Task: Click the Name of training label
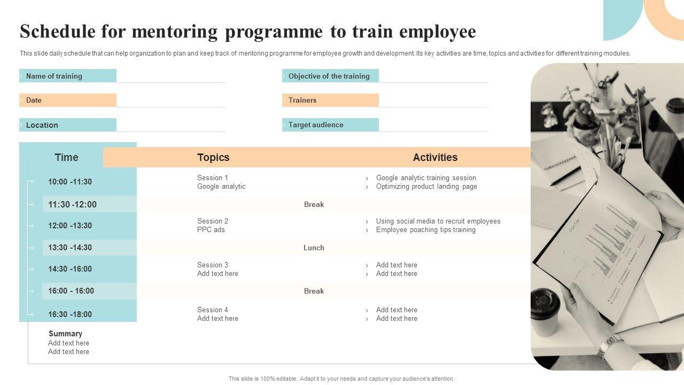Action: (54, 76)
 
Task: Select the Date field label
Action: (34, 100)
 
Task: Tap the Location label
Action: (42, 125)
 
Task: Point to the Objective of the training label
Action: (329, 76)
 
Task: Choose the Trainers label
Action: (302, 100)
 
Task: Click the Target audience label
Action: (316, 125)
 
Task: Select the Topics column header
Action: (213, 157)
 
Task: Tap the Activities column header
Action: (435, 157)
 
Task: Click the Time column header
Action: (66, 157)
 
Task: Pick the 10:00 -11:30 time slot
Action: (70, 182)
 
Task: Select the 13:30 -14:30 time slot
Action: (70, 248)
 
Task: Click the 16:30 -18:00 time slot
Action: (70, 314)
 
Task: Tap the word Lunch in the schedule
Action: (314, 248)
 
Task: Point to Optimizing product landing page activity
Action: (426, 187)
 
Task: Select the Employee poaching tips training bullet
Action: (425, 230)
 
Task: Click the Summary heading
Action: (65, 334)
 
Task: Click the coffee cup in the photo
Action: (545, 312)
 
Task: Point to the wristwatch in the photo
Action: (609, 347)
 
